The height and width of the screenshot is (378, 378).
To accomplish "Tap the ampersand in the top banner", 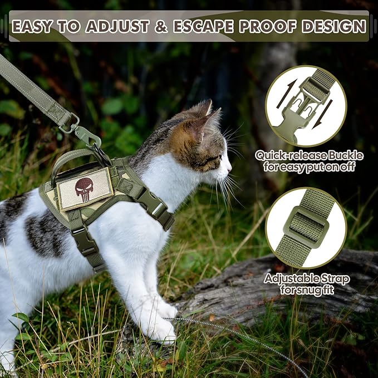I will point(162,26).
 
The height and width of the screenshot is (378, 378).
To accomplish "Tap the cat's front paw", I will point(162,332).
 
